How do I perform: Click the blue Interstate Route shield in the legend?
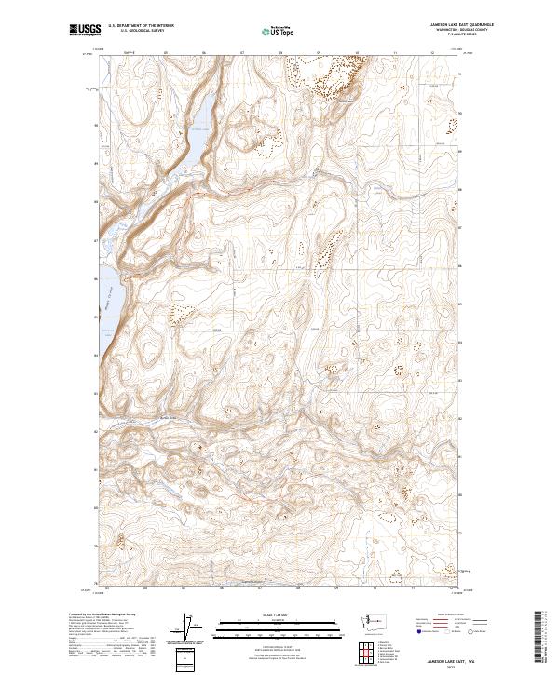pos(415,632)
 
